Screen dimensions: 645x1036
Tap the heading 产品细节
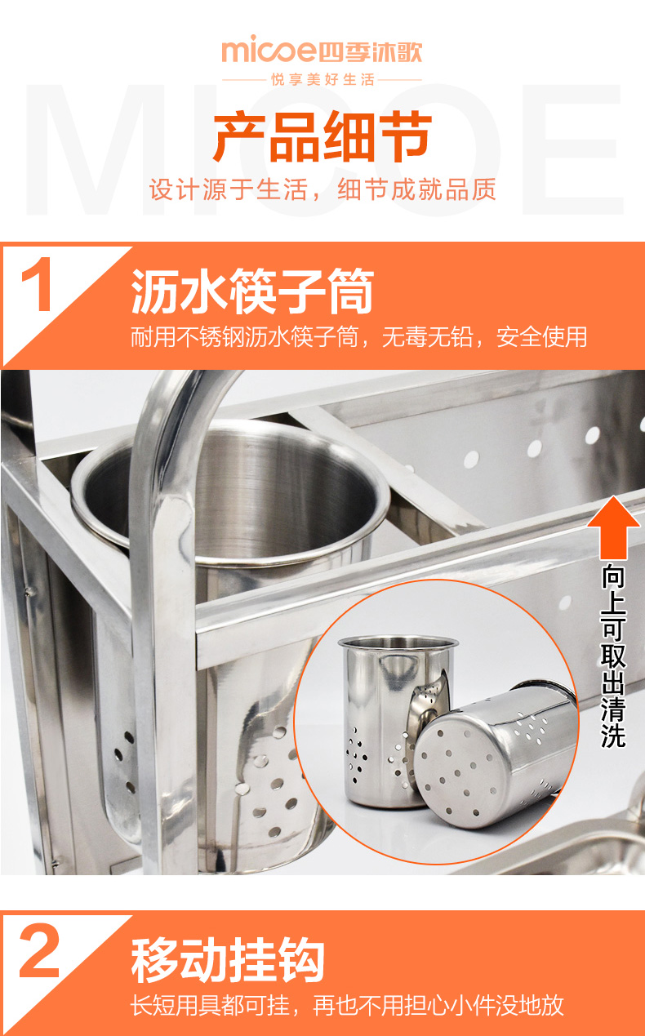(322, 136)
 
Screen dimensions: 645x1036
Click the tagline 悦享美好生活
(322, 79)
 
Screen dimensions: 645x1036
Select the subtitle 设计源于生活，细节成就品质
(322, 189)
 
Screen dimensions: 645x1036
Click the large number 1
(38, 284)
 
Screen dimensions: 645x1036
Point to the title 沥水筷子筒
(252, 291)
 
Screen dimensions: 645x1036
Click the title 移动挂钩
(228, 960)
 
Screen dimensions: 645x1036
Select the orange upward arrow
(613, 527)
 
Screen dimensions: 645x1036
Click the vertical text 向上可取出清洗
(613, 656)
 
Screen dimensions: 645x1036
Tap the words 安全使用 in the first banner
(542, 336)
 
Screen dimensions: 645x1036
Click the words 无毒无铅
(428, 336)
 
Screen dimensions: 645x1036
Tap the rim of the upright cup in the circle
(398, 642)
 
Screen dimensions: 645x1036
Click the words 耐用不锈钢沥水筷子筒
(245, 336)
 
